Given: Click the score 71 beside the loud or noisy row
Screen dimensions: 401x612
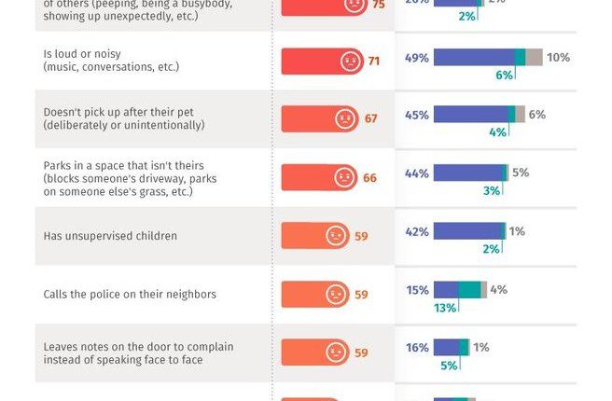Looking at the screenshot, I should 374,62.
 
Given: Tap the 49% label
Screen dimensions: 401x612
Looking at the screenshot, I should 417,58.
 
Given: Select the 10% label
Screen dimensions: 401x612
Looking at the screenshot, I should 558,58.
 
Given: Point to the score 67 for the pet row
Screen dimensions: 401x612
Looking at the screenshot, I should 371,119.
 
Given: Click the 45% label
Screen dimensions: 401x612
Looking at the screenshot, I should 417,115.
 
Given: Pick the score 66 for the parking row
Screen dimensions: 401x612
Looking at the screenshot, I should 369,177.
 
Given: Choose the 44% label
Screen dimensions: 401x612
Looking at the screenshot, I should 417,173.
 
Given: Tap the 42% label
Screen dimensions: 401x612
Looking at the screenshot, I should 417,231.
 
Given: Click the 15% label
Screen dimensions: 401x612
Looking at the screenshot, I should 417,290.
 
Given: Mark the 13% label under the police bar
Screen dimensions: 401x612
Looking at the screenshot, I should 445,308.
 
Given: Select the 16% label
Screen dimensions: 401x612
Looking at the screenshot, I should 417,348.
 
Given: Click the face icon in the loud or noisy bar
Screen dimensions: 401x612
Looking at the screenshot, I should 350,62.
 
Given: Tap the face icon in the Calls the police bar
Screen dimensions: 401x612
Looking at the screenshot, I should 336,295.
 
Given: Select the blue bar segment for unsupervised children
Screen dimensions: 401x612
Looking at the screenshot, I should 467,231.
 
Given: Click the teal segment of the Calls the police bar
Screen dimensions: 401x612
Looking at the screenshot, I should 469,290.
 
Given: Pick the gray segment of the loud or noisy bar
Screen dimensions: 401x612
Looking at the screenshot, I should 534,58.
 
